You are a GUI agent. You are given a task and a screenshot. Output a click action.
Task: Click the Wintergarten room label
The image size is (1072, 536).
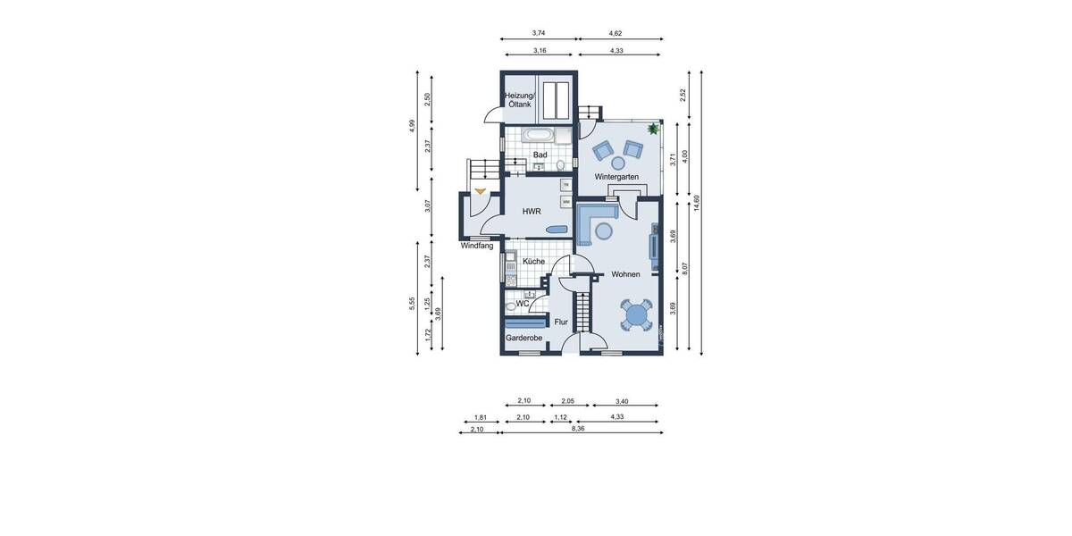(616, 177)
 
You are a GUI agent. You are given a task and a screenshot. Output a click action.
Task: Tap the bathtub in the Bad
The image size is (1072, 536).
(539, 136)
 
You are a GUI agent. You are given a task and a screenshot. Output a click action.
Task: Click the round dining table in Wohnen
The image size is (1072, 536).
(636, 314)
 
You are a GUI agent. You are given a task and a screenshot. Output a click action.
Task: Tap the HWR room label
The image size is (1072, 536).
(532, 212)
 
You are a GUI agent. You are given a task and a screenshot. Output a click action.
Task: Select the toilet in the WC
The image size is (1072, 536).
(510, 306)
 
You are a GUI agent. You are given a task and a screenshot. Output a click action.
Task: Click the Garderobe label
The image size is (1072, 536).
(524, 339)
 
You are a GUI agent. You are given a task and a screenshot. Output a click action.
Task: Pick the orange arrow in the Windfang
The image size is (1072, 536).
(481, 190)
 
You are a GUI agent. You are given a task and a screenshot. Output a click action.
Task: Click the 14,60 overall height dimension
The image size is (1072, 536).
(697, 203)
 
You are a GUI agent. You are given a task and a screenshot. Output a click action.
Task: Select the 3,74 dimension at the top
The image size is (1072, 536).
(539, 33)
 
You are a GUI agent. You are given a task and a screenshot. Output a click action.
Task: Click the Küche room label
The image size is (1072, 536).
(534, 262)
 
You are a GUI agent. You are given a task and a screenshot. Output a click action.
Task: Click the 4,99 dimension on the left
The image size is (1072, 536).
(413, 126)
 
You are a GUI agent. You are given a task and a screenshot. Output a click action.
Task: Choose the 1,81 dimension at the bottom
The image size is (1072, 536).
(480, 417)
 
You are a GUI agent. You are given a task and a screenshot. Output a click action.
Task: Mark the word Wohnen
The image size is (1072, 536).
(625, 274)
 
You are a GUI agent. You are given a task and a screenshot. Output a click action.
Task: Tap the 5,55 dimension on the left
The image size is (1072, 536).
(413, 304)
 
